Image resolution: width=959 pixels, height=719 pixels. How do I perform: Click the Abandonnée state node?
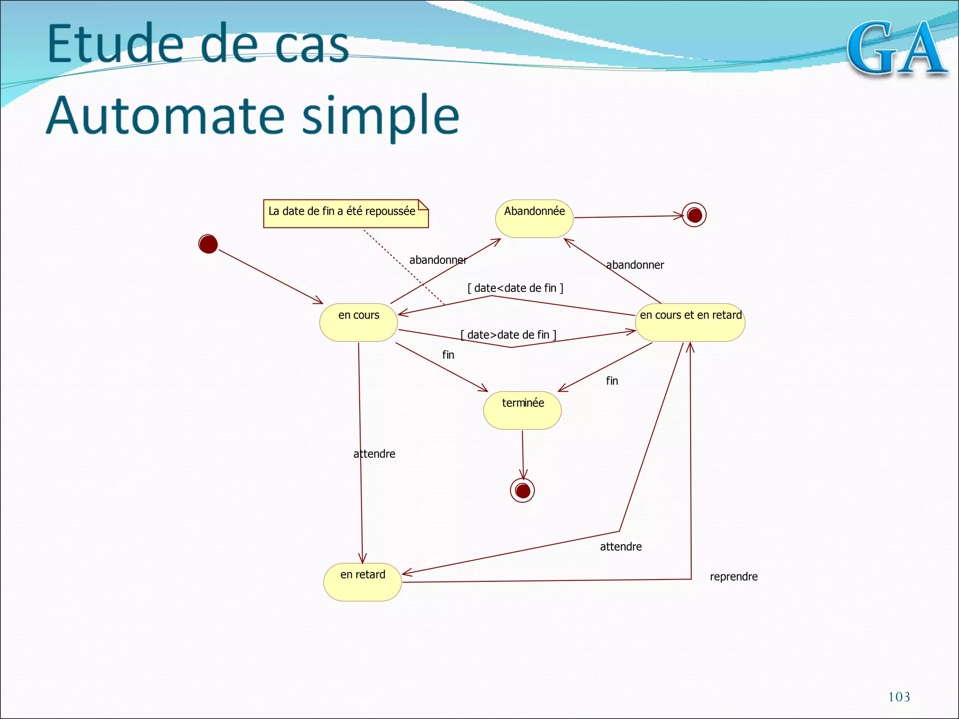(x=534, y=219)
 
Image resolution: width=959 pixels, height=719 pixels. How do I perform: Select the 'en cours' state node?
(x=359, y=323)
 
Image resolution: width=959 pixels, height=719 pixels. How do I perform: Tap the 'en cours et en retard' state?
(x=690, y=323)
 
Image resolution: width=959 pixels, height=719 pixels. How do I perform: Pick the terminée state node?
(x=523, y=410)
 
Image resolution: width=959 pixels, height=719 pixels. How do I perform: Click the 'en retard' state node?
(x=362, y=582)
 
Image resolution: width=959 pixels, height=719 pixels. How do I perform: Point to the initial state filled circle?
(x=208, y=244)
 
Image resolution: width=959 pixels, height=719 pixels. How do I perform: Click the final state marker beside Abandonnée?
(x=694, y=215)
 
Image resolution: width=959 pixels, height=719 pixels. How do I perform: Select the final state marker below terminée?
(x=522, y=491)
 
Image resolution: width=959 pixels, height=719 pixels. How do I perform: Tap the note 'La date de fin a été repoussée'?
(x=346, y=213)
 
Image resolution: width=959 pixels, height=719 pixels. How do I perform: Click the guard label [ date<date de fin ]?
(x=515, y=288)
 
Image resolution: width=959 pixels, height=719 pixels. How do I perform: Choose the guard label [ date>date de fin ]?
(x=509, y=335)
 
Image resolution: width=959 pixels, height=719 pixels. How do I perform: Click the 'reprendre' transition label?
(x=733, y=577)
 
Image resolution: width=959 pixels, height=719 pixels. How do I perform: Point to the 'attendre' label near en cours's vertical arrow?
(x=374, y=454)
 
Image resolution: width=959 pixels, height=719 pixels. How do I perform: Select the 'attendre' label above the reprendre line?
(x=620, y=547)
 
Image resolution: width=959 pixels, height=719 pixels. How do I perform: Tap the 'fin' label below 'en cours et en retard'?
(x=612, y=381)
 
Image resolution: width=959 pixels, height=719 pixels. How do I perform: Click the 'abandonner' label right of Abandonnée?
(x=635, y=265)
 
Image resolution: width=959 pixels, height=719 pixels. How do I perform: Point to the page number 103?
(x=899, y=697)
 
